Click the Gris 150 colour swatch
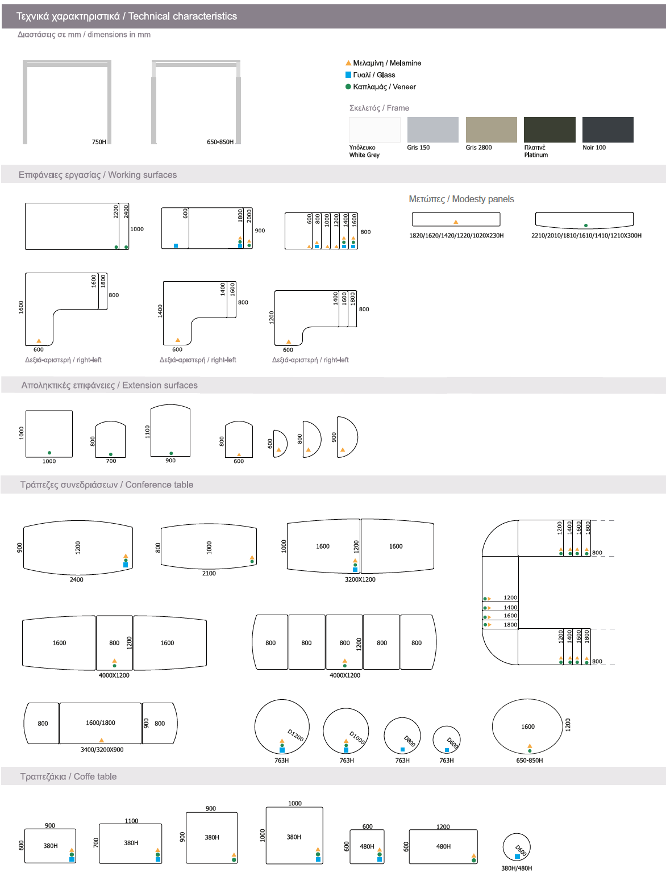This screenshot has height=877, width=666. click(432, 130)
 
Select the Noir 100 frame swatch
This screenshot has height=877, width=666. click(607, 130)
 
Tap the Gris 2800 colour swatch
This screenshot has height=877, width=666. click(491, 130)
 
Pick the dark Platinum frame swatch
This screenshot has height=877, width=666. click(549, 130)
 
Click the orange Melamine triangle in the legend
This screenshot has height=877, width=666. click(348, 63)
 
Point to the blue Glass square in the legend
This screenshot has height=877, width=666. click(348, 75)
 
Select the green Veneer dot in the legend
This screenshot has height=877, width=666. click(348, 87)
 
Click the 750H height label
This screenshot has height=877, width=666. click(99, 142)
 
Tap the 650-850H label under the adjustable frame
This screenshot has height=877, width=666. click(220, 142)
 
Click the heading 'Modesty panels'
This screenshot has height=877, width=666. click(461, 199)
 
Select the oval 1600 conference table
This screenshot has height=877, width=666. click(527, 726)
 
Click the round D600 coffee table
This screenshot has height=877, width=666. click(516, 847)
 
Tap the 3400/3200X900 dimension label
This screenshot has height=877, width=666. click(102, 750)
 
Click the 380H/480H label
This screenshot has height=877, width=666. click(516, 868)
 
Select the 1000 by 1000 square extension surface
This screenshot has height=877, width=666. click(49, 433)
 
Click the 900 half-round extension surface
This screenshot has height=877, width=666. click(346, 437)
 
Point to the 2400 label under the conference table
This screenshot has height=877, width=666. click(76, 580)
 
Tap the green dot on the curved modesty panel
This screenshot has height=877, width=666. click(585, 225)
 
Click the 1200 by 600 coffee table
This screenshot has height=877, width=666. click(443, 846)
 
